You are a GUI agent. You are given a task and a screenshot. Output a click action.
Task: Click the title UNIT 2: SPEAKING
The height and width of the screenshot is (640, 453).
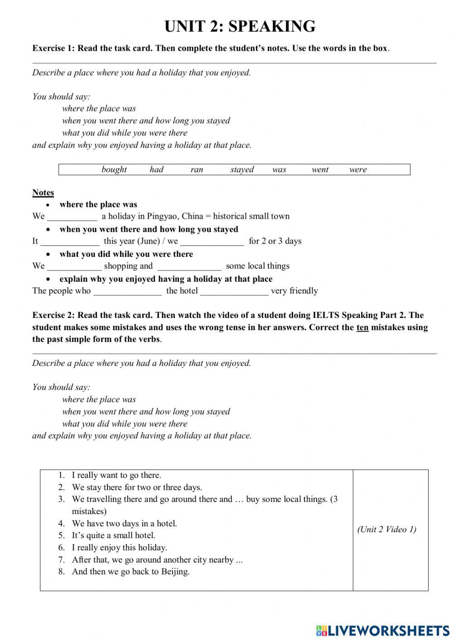click(x=240, y=26)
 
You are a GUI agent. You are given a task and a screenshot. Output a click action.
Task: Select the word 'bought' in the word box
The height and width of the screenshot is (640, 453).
click(x=114, y=169)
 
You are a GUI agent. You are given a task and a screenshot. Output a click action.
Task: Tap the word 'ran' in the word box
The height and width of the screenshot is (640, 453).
click(x=197, y=169)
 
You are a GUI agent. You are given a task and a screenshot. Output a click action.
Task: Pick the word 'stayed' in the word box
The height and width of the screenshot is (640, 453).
click(x=242, y=169)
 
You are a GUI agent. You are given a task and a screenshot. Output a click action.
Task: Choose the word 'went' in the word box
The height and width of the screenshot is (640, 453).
click(x=320, y=169)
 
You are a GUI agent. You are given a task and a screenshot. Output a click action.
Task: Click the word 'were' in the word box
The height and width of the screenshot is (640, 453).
click(x=358, y=169)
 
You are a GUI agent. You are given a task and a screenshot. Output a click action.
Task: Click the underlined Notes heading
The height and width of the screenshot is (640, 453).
click(x=43, y=192)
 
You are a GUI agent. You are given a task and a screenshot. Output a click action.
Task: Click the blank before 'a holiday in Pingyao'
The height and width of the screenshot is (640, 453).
click(x=72, y=217)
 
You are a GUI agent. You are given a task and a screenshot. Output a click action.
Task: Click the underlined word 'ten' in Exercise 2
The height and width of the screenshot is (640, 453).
click(x=362, y=327)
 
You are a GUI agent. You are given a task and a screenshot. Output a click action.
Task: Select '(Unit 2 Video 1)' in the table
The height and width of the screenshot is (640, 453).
click(x=386, y=529)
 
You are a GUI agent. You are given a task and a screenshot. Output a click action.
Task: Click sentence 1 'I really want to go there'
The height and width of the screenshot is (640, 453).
click(x=116, y=475)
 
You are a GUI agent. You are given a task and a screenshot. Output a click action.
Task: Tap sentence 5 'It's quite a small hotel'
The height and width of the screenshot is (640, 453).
click(x=113, y=535)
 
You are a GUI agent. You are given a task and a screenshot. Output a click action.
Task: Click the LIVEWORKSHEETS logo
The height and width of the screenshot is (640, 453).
click(x=382, y=630)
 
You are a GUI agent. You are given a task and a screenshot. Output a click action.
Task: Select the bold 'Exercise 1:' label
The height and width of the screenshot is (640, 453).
click(x=53, y=48)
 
